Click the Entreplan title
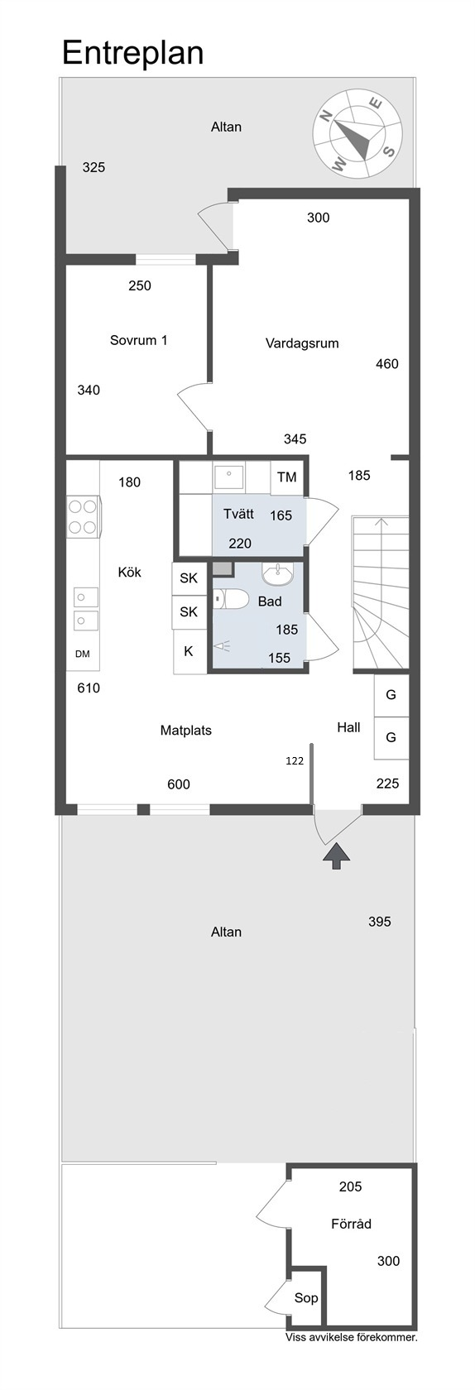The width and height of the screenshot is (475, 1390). (x=133, y=52)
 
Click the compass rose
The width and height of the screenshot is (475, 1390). (x=357, y=133)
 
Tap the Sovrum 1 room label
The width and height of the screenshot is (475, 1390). (x=138, y=340)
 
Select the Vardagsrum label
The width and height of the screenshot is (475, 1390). (x=302, y=343)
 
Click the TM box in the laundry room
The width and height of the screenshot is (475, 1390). (x=287, y=477)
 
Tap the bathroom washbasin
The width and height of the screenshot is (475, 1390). (x=277, y=574)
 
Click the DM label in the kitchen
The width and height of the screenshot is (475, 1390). (x=83, y=654)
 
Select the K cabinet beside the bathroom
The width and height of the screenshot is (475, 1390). (x=189, y=651)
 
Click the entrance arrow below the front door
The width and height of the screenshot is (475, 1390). (x=337, y=856)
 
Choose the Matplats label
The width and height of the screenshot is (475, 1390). (x=185, y=731)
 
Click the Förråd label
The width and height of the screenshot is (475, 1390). (x=352, y=1224)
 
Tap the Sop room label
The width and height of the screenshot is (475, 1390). (x=306, y=1297)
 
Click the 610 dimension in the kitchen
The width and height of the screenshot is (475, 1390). (x=89, y=688)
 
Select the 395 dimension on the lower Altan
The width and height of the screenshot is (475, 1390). (x=379, y=922)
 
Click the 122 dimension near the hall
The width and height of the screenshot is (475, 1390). (x=295, y=761)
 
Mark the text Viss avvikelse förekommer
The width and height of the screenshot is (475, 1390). (x=352, y=1337)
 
